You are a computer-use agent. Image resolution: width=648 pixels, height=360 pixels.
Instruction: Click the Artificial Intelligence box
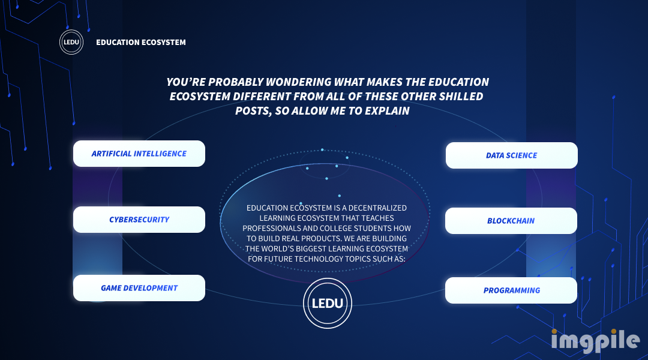coord(139,154)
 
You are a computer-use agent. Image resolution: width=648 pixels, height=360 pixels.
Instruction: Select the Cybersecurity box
coord(139,220)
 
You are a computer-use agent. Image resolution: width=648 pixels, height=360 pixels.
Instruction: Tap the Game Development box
coord(139,288)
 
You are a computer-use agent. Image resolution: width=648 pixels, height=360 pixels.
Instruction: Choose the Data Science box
coord(512,155)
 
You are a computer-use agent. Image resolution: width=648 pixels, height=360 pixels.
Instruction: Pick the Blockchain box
coord(511,221)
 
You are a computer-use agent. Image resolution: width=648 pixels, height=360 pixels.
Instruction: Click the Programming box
coord(511,290)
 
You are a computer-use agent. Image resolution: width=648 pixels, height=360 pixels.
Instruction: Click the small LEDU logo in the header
coord(71,42)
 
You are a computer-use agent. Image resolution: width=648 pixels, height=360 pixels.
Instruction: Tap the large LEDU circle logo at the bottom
coord(328,304)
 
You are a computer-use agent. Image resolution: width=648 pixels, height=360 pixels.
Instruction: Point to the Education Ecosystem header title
coord(141,42)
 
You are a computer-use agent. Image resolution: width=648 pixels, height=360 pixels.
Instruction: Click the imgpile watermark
coord(595,341)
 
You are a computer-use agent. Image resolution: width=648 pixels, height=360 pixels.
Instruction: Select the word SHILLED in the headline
coord(461,97)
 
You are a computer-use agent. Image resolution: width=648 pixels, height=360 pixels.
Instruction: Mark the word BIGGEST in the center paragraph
coord(311,249)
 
